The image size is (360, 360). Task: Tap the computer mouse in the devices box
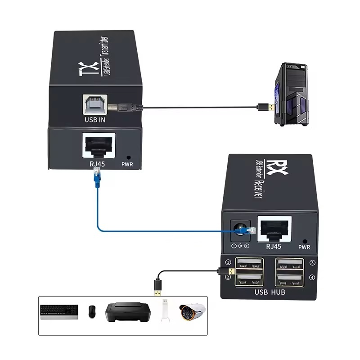coord(92,310)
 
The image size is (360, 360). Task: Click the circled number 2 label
coord(228,277)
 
